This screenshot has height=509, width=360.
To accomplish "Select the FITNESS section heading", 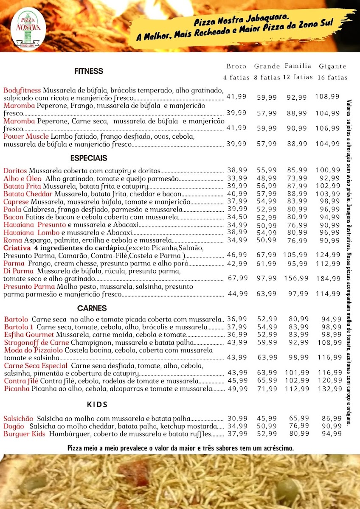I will pos(89,71).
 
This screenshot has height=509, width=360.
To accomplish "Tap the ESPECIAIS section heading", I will pos(89,158).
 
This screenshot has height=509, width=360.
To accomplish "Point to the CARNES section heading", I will pos(92,308).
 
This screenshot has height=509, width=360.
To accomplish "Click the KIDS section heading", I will pos(97,405).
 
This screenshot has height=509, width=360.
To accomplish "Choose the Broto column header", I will pos(236,67).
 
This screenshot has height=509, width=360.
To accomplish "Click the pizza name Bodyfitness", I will pos(22,90).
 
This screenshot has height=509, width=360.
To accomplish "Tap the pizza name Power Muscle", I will pos(26,137).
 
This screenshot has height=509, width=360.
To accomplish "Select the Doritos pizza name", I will pos(15,171).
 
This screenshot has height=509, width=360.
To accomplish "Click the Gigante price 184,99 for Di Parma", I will pos(328,279).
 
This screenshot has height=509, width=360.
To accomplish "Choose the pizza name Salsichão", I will pos(18,418).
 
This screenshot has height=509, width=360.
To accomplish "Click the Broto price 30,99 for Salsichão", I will pos(237,419).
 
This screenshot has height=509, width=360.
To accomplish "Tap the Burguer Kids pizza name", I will pos(24,433).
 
